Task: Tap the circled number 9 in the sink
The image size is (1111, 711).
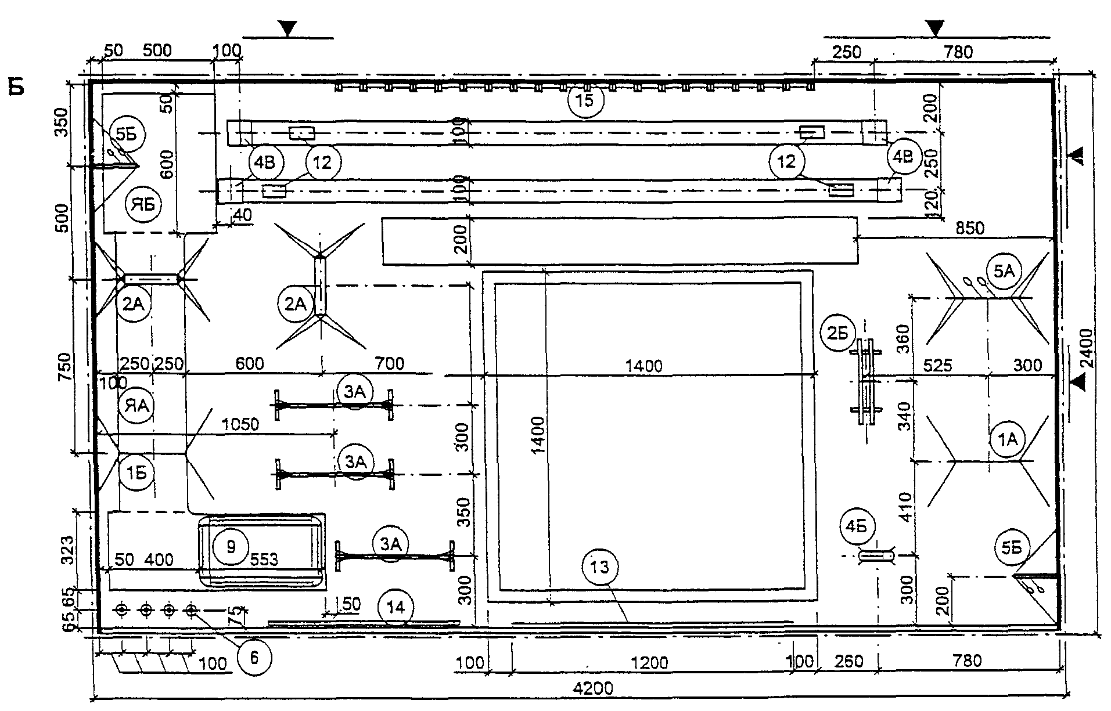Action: click(231, 546)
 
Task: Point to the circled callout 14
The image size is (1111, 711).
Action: click(395, 608)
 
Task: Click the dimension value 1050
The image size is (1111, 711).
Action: click(240, 424)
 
